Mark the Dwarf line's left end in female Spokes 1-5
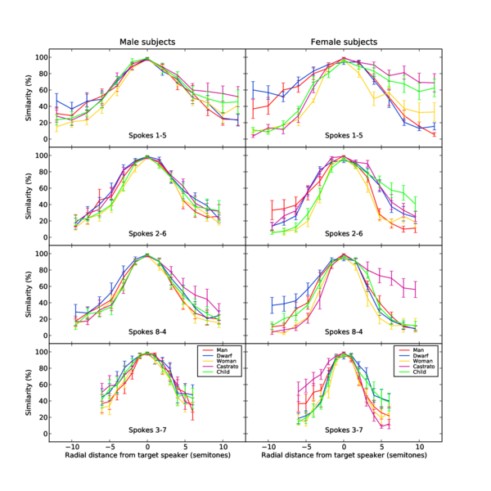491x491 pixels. click(253, 89)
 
